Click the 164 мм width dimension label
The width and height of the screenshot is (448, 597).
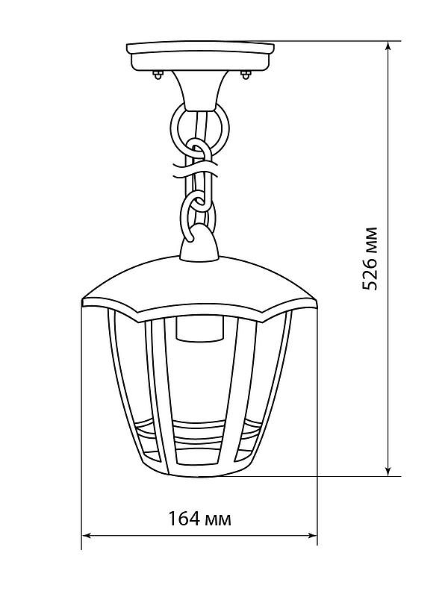pyautogui.click(x=199, y=519)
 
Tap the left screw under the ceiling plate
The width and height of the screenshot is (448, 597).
pyautogui.click(x=157, y=73)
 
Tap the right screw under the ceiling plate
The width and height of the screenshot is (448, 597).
pyautogui.click(x=245, y=73)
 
